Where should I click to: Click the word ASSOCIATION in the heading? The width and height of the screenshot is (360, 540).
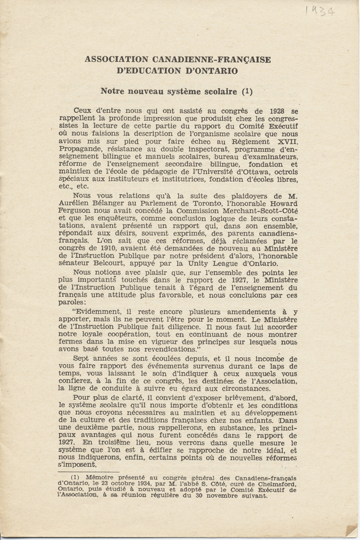[x=117, y=59]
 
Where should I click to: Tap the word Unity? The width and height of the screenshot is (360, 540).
[x=202, y=264]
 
